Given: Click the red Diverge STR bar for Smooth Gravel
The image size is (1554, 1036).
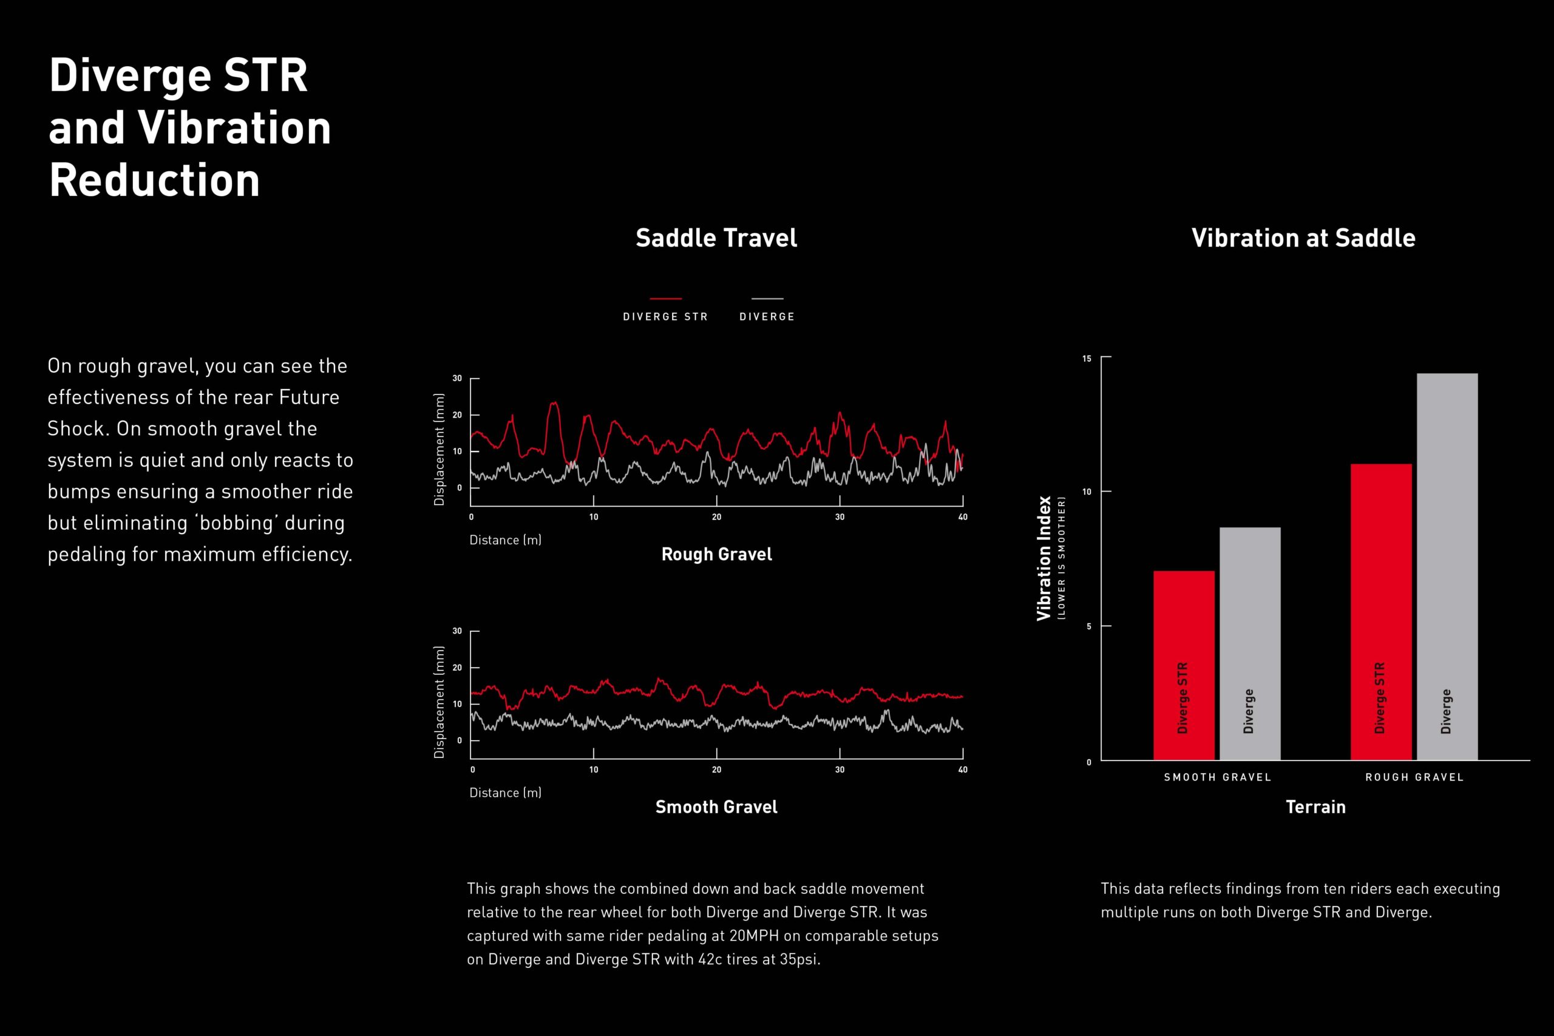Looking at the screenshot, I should coord(1183,665).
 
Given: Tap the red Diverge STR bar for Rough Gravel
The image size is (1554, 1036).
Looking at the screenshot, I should coord(1380,611).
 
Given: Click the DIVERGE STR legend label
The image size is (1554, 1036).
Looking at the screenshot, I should coord(665,316).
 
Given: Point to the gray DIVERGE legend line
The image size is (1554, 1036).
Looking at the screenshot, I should coord(767,299).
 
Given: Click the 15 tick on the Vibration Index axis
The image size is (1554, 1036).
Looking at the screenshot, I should coord(1087,359).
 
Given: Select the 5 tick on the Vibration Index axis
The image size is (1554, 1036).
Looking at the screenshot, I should coord(1089,626).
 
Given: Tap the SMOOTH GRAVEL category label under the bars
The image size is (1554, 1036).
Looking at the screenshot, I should coord(1217,777).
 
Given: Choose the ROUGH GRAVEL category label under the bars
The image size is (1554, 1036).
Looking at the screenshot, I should coord(1414,777).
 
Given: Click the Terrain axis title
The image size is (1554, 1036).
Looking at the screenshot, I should coord(1315,807).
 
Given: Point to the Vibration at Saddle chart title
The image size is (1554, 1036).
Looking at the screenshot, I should coord(1303,238).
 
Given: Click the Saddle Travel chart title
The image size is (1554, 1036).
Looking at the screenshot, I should coord(716,238).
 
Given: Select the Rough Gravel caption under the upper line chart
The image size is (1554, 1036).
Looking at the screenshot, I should coord(716,554).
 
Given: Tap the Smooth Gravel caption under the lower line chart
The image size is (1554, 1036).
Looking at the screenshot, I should coord(716,807).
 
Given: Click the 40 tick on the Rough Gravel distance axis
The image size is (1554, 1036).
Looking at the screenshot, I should coord(962,516).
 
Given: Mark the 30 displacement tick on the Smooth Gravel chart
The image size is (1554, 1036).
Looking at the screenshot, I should coord(457,631).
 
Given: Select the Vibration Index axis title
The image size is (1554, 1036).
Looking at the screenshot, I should coord(1044,558).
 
